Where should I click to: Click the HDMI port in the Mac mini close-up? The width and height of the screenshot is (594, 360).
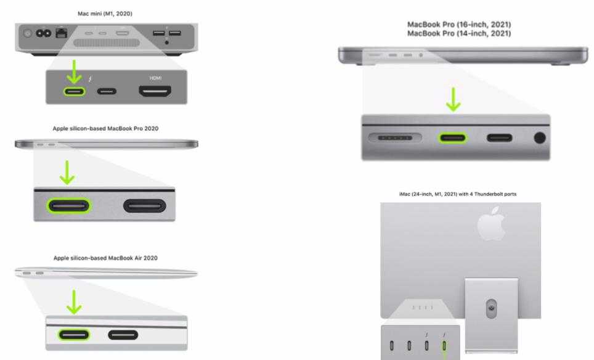[x=155, y=91]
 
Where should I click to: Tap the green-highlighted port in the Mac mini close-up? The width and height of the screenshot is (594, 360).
[x=74, y=91]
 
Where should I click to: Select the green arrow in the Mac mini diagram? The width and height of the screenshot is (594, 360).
[x=74, y=72]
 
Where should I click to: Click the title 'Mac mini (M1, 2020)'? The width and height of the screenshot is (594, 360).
[x=105, y=14]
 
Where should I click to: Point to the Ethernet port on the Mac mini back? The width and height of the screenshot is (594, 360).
[x=62, y=33]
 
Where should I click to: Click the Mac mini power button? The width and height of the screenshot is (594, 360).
[x=27, y=33]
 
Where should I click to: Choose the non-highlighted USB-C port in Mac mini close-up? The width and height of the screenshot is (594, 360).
[x=107, y=91]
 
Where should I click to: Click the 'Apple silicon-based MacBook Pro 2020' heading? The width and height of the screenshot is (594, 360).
[x=105, y=128]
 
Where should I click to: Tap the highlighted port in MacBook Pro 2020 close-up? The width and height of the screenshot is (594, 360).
[x=69, y=206]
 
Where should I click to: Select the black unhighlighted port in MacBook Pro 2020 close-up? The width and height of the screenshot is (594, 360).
[x=145, y=206]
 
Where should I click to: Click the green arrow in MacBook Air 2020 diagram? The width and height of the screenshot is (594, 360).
[x=74, y=302]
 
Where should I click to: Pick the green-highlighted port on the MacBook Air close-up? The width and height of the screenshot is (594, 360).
[x=74, y=335]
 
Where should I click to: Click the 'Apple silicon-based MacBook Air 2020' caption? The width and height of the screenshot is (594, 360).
[x=105, y=258]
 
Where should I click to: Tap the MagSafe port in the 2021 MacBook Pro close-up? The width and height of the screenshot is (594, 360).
[x=395, y=138]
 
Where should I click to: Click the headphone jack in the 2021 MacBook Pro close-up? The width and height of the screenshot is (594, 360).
[x=540, y=138]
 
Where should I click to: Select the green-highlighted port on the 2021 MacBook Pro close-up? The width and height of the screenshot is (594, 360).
[x=452, y=138]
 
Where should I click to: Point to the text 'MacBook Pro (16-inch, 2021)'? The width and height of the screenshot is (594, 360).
[x=459, y=25]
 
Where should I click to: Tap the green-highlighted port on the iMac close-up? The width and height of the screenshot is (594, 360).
[x=444, y=346]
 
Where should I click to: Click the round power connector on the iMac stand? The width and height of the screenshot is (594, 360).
[x=491, y=308]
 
